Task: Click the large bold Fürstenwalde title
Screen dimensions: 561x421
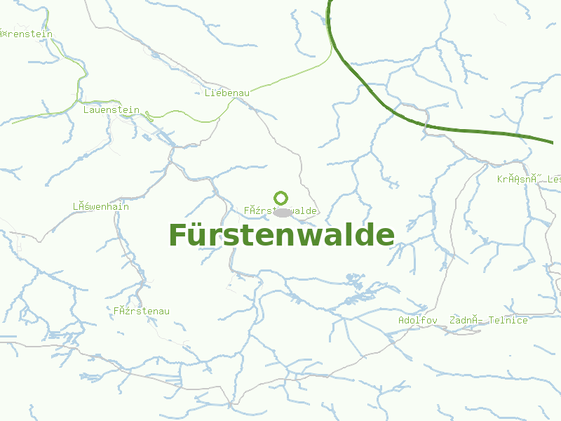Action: coord(281,235)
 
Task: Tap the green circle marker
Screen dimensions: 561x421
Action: coord(281,198)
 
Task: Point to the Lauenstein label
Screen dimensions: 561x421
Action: coord(111,110)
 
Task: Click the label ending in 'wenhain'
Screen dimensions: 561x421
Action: coord(101,207)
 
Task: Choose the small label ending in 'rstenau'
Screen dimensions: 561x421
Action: coord(142,311)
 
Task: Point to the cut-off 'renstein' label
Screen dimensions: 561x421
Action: coord(26,34)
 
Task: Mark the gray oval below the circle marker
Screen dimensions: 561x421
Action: coord(282,212)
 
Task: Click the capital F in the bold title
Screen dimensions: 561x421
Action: coord(177,235)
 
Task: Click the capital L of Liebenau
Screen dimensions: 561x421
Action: coord(208,93)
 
